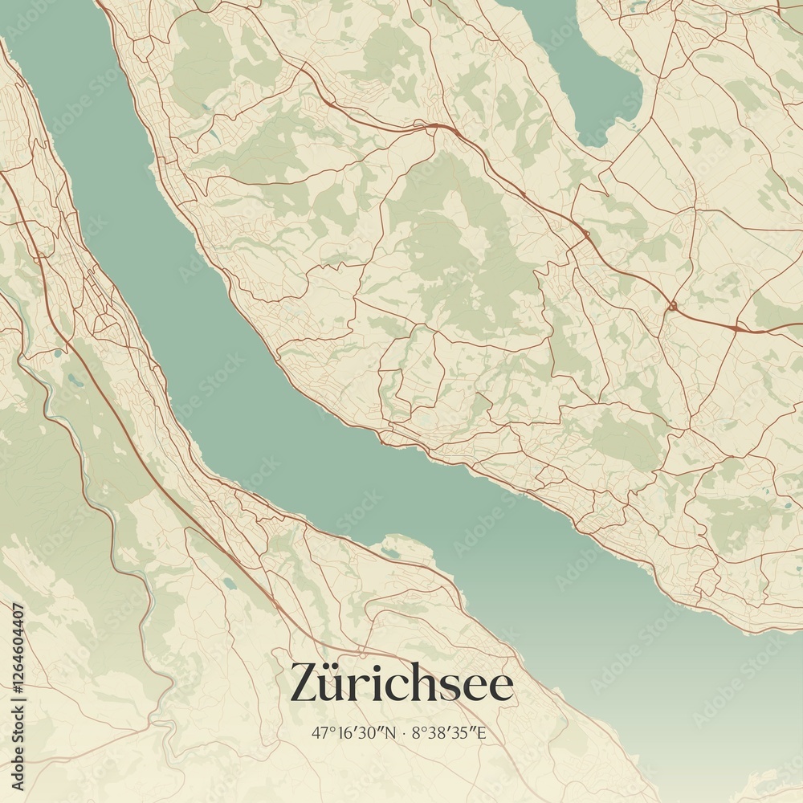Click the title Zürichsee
pyautogui.click(x=401, y=683)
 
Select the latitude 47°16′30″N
pyautogui.click(x=353, y=732)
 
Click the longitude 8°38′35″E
pyautogui.click(x=449, y=732)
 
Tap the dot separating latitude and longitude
pyautogui.click(x=403, y=732)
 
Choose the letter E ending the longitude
pyautogui.click(x=482, y=732)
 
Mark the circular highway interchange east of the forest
pyautogui.click(x=672, y=306)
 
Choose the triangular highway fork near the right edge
pyautogui.click(x=736, y=327)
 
